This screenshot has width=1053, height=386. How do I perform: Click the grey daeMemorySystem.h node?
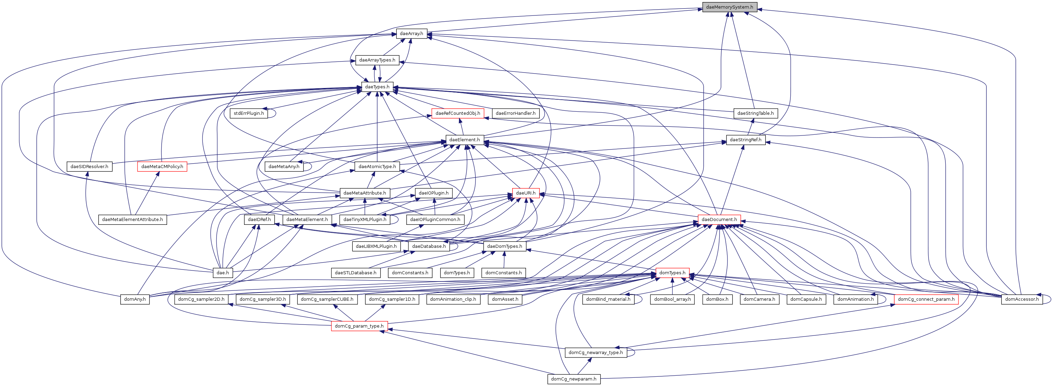tap(729, 7)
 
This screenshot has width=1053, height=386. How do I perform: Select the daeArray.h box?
tap(411, 34)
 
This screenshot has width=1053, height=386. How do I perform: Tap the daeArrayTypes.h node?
tap(377, 60)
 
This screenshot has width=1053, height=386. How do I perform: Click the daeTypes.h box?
tap(377, 87)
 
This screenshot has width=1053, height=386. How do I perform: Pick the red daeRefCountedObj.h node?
tap(458, 113)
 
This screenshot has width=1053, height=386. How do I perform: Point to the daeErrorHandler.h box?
tap(515, 113)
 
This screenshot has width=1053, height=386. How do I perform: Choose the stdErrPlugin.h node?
tap(249, 113)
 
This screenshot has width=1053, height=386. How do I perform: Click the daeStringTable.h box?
tap(755, 113)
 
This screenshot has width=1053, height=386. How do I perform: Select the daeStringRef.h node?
tap(745, 140)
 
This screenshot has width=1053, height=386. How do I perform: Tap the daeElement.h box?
tap(464, 140)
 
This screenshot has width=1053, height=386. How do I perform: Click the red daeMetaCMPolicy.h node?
tap(162, 166)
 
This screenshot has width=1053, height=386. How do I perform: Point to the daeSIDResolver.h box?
tap(89, 166)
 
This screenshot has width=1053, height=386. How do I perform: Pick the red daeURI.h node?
tap(526, 193)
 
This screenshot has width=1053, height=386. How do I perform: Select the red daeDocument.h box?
tap(719, 220)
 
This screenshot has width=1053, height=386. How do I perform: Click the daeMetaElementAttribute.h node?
tap(132, 220)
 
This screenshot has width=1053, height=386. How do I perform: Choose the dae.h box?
tap(222, 273)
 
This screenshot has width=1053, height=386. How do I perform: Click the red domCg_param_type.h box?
tap(359, 326)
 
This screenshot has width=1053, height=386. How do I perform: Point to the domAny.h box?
tap(135, 299)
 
